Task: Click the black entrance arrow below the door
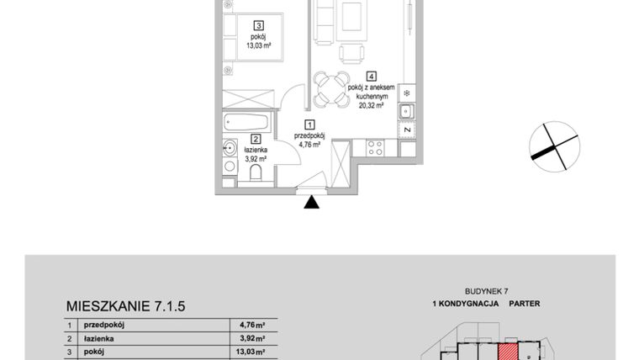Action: click(312, 203)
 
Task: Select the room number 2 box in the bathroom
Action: click(256, 140)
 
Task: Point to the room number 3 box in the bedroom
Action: click(260, 25)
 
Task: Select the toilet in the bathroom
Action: click(256, 174)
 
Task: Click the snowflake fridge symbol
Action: click(407, 92)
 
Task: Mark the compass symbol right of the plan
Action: click(553, 146)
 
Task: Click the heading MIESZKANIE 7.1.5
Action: click(124, 307)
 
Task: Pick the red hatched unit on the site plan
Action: click(509, 352)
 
